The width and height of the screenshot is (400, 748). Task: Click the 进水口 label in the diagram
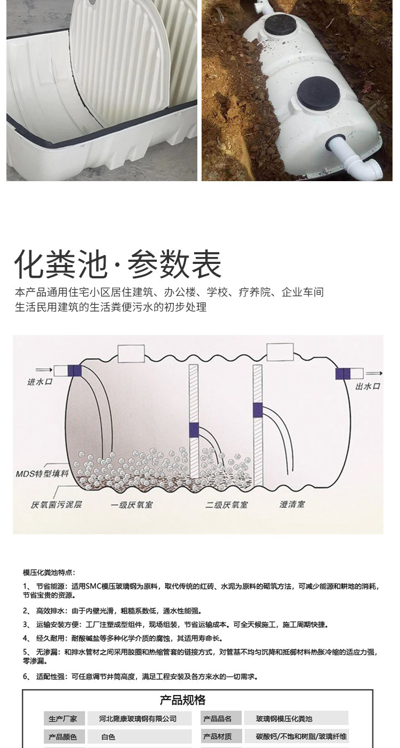point(39,381)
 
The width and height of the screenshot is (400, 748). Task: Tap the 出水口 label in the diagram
point(367,386)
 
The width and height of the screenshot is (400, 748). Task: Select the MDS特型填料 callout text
point(42,473)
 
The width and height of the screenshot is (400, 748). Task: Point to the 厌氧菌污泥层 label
point(56,504)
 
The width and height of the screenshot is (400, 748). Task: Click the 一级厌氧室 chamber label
point(132,504)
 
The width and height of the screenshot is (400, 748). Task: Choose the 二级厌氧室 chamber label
point(227,504)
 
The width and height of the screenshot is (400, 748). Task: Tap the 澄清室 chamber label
point(292,504)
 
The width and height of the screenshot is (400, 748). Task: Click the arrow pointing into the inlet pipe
point(44,369)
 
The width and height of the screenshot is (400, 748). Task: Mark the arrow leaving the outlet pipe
point(374,373)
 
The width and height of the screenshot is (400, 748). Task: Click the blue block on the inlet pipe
point(75,371)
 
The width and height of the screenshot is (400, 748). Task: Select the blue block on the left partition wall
point(194,430)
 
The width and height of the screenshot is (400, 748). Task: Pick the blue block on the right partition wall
point(258,410)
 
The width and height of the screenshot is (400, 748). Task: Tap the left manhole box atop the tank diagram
point(131,354)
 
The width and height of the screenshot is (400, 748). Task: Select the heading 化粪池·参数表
point(118,264)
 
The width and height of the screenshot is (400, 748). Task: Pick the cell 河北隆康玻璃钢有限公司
point(138,719)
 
